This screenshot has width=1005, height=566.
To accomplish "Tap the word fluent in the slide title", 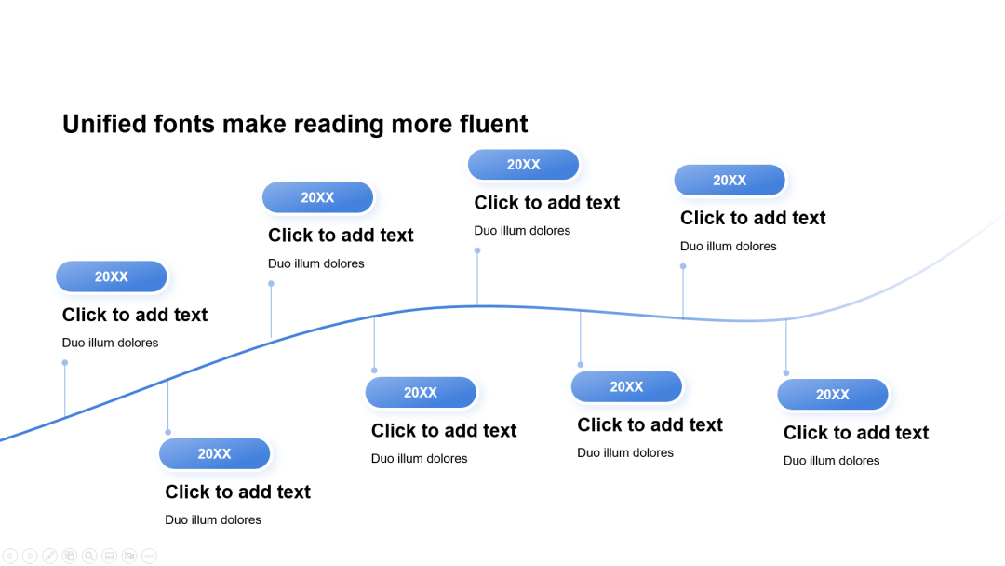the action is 493,124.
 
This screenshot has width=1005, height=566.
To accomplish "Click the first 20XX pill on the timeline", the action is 112,276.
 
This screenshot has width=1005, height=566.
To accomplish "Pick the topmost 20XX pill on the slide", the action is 524,165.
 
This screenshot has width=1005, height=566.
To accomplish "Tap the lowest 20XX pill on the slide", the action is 214,454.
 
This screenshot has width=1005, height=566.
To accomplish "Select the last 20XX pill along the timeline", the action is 833,394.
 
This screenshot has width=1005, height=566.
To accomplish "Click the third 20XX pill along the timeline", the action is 318,197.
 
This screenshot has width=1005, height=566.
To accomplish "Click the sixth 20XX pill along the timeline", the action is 626,386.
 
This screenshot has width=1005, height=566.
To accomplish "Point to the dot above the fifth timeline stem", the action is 477,250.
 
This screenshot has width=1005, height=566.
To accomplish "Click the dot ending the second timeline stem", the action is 167,432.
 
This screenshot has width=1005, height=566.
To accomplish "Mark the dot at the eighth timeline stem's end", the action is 786,373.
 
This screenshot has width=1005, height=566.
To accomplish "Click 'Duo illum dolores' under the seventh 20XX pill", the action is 728,246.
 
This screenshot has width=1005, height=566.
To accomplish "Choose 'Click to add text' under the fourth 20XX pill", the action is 444,431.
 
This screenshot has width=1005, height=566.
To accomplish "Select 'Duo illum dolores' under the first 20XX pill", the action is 110,343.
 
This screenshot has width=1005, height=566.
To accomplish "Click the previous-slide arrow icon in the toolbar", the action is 10,556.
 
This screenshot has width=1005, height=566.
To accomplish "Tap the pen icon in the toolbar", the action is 50,556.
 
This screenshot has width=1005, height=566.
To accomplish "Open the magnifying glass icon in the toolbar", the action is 89,556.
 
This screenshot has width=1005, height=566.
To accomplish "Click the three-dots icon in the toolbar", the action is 149,556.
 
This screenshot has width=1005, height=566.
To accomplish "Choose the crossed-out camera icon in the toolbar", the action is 129,556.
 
